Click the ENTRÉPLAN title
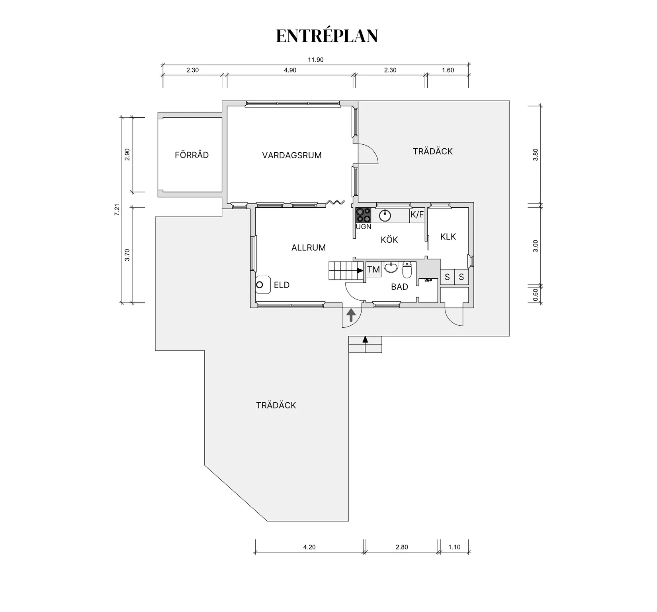click(x=327, y=35)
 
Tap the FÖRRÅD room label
click(x=192, y=155)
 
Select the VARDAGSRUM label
click(x=292, y=155)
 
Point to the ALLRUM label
click(x=309, y=248)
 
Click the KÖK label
click(x=389, y=239)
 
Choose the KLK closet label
click(x=448, y=236)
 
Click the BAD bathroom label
click(x=399, y=287)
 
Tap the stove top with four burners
click(x=364, y=215)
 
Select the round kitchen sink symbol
click(x=385, y=215)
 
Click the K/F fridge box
click(x=417, y=215)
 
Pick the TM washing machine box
click(x=373, y=270)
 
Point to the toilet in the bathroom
click(x=407, y=270)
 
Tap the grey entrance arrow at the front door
click(x=351, y=315)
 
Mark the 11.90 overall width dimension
click(x=315, y=60)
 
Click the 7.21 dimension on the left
click(x=117, y=210)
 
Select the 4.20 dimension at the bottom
click(x=309, y=547)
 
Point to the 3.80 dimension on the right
click(x=535, y=154)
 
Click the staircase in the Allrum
click(x=346, y=271)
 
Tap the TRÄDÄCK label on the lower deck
click(x=276, y=405)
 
